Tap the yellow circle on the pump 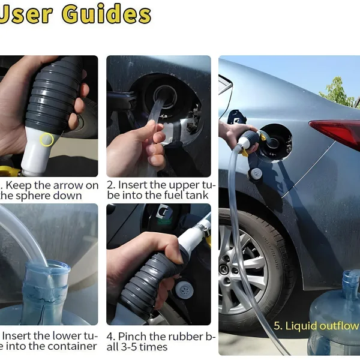[x=46, y=140]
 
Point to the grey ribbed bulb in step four [x=147, y=282]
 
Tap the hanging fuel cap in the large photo [x=256, y=173]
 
